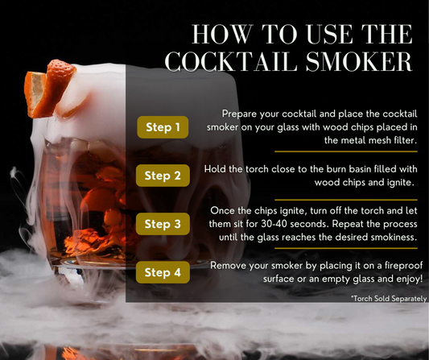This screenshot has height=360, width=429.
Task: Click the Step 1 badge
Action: click(163, 126)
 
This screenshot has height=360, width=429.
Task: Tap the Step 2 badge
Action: click(163, 175)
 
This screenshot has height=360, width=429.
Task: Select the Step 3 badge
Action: click(163, 224)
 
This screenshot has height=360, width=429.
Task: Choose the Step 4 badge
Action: click(163, 272)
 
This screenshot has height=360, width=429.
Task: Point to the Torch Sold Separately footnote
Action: click(383, 298)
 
